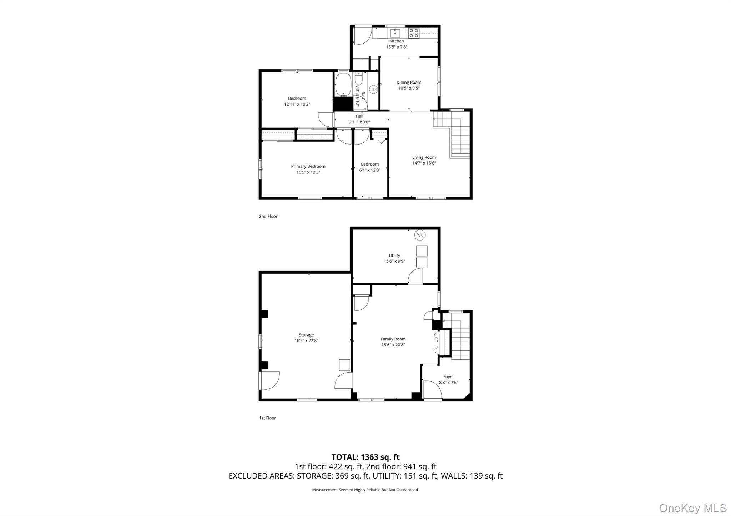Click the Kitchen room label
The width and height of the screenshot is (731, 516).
coord(396,41)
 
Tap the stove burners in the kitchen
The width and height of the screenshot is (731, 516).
coord(413,33)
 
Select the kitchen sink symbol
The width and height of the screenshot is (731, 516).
coord(395,33)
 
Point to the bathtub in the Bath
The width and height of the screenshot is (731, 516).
coord(343,85)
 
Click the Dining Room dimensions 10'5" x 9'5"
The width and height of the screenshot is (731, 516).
coord(409,88)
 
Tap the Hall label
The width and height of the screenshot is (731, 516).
coord(359,116)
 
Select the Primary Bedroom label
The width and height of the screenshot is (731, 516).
coord(308,166)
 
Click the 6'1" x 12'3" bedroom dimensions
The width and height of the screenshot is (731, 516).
coord(369,170)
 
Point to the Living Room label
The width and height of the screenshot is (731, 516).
coord(424,157)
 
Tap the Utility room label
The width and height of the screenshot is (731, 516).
coord(394,256)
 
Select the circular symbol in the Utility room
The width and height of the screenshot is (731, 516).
coord(420,235)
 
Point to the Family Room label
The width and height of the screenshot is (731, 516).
coord(393,339)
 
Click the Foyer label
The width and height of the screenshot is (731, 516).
coord(448,377)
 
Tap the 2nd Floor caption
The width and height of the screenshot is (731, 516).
coord(268,216)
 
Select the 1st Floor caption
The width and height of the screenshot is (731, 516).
coord(267,418)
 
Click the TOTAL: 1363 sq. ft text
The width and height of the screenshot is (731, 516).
coord(365,457)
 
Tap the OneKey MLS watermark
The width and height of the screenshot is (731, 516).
coord(692,508)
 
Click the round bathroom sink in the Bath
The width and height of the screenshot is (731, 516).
coord(373,89)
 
